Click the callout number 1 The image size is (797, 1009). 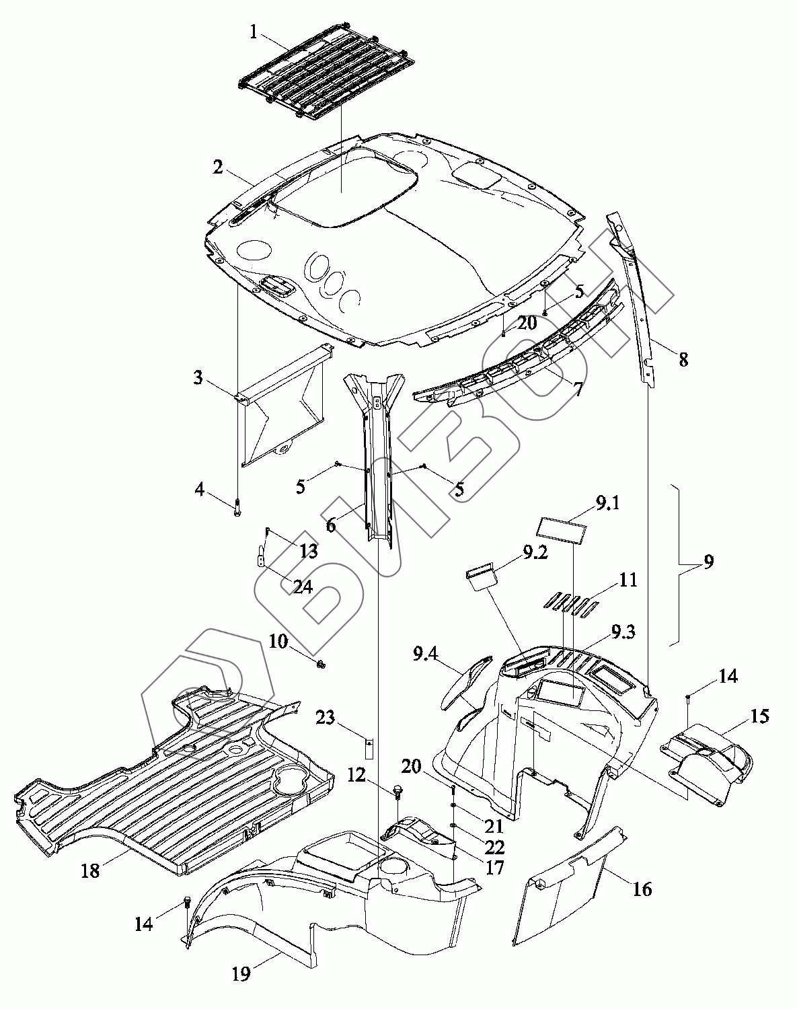pos(254,32)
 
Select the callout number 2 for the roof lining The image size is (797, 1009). pos(218,167)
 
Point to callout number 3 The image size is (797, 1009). pos(198,377)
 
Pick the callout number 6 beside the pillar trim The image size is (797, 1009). pos(331,525)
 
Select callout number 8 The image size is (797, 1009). pos(683,359)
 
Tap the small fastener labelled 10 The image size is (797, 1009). pos(321,664)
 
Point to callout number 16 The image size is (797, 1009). pos(642,889)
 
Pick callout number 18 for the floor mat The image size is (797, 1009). pos(89,871)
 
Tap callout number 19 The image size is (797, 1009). pos(241,973)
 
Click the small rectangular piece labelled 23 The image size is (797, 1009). pos(369,747)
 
